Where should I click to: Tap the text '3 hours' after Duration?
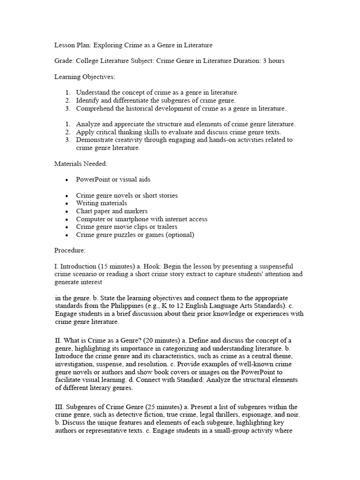pyautogui.click(x=273, y=61)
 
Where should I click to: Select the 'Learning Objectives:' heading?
pyautogui.click(x=84, y=76)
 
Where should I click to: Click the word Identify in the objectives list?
pyautogui.click(x=87, y=100)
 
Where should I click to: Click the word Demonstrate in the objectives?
pyautogui.click(x=96, y=140)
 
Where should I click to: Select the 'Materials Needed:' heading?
pyautogui.click(x=81, y=164)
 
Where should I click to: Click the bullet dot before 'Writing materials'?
pyautogui.click(x=67, y=203)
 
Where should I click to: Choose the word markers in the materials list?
pyautogui.click(x=136, y=211)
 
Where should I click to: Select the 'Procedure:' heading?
pyautogui.click(x=70, y=251)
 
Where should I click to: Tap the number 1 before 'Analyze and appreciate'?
pyautogui.click(x=67, y=124)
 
